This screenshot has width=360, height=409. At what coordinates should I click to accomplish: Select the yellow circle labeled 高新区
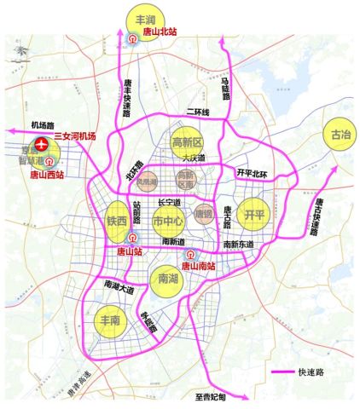point(186,142)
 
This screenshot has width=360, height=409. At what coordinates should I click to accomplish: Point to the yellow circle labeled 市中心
point(168,222)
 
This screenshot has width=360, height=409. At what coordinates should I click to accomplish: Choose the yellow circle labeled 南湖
point(168,277)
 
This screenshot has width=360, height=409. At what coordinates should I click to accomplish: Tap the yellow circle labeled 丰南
point(111,321)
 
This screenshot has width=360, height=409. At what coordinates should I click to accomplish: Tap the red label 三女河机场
point(78,136)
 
